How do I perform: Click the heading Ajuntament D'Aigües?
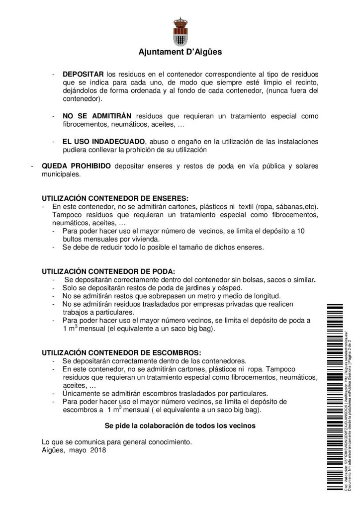click(x=180, y=51)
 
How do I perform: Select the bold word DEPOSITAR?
click(x=83, y=74)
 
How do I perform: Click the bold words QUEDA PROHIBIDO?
click(x=76, y=166)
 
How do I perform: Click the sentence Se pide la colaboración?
click(x=180, y=425)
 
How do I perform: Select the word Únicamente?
click(x=81, y=392)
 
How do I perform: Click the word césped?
click(x=230, y=287)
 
